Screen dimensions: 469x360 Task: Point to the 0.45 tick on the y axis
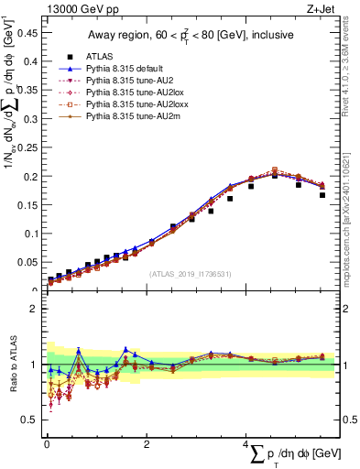[29, 34]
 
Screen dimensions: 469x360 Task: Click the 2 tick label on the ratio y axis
[36, 309]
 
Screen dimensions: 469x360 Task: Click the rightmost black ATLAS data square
[322, 194]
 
